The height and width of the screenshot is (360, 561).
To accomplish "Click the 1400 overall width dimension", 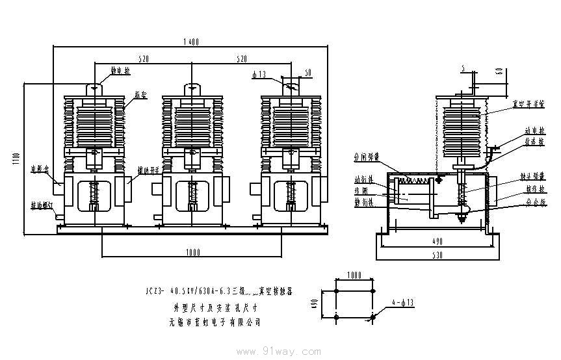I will pyautogui.click(x=190, y=41).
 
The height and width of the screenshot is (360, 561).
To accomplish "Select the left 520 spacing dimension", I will pyautogui.click(x=143, y=58).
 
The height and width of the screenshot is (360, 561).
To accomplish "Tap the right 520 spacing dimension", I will pyautogui.click(x=241, y=58).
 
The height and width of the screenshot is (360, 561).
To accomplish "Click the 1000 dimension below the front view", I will pyautogui.click(x=192, y=252).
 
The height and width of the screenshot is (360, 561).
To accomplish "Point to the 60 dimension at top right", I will pyautogui.click(x=499, y=71).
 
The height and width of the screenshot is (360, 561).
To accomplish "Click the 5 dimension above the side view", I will pyautogui.click(x=462, y=68).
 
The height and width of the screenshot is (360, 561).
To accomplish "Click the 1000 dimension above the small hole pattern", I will pyautogui.click(x=355, y=276).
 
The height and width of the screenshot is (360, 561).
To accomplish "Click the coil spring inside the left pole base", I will pyautogui.click(x=93, y=193).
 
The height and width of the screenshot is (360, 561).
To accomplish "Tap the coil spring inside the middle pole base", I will pyautogui.click(x=192, y=193).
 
